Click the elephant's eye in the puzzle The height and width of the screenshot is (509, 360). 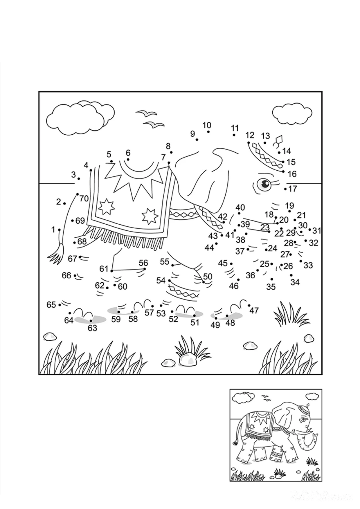[264, 184]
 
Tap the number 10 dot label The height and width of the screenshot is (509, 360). [207, 125]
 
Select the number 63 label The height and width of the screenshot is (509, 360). [92, 328]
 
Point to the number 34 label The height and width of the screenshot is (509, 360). [295, 282]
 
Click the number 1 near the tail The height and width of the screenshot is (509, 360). [53, 230]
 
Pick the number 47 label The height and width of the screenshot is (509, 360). [254, 311]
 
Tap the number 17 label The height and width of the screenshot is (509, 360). [293, 189]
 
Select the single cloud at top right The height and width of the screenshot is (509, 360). [292, 113]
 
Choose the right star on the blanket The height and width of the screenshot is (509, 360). [150, 216]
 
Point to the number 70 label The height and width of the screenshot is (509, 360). [84, 199]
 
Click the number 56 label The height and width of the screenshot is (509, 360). [143, 263]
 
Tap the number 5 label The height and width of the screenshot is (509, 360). [109, 154]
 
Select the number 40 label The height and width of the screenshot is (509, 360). [240, 207]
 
